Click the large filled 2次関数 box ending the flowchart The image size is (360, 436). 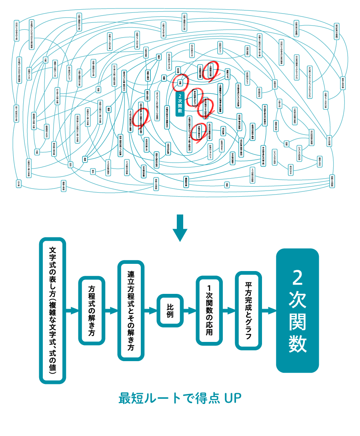(298, 310)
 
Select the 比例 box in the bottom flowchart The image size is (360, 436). (170, 311)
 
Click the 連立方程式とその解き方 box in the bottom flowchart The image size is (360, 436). (131, 311)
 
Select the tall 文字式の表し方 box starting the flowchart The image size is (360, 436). (52, 311)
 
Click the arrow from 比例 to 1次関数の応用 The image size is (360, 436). (190, 311)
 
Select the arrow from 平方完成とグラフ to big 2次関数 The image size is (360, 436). (269, 311)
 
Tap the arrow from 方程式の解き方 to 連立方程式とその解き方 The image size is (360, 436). (112, 311)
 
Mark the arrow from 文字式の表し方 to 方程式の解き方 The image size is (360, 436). (72, 311)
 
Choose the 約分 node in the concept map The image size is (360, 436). (71, 164)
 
